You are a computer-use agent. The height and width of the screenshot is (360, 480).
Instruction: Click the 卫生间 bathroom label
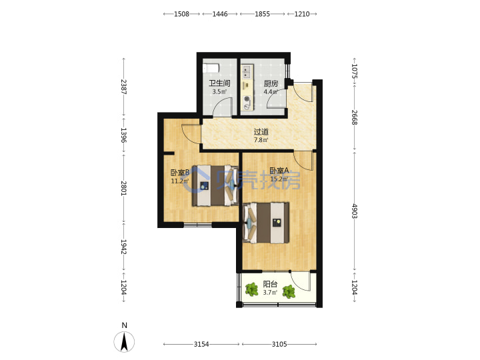click(219, 83)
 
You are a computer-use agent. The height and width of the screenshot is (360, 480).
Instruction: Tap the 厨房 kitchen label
click(271, 83)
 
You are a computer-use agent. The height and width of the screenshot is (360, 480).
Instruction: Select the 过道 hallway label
click(261, 131)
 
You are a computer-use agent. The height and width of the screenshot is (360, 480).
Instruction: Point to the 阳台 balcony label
click(270, 284)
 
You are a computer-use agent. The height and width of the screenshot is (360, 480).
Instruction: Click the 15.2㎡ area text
click(279, 179)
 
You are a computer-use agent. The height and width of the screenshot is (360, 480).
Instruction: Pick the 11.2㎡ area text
click(179, 181)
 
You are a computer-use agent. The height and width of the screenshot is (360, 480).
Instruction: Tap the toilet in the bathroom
click(211, 67)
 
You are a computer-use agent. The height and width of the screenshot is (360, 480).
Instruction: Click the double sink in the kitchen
click(247, 72)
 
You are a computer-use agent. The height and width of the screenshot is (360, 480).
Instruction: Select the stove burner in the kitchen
click(247, 99)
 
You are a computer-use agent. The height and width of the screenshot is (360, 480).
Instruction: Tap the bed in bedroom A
click(266, 223)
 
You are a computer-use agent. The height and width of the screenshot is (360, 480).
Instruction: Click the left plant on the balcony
click(252, 289)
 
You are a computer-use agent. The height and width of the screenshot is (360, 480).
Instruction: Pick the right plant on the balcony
click(289, 291)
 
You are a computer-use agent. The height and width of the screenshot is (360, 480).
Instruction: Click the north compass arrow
click(124, 342)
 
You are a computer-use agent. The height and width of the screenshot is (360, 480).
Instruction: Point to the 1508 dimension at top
click(181, 14)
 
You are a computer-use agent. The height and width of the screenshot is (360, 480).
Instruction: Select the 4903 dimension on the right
click(355, 211)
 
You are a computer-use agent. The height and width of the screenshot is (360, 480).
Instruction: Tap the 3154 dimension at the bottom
click(201, 344)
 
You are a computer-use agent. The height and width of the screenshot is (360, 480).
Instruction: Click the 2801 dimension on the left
click(124, 188)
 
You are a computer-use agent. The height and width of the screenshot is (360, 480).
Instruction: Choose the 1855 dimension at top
click(263, 14)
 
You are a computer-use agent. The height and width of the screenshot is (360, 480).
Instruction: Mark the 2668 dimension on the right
click(355, 117)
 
